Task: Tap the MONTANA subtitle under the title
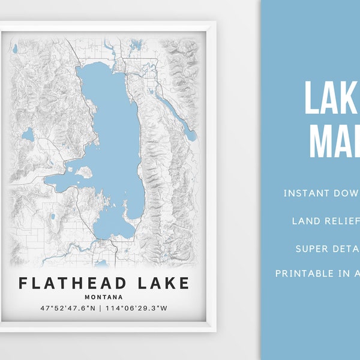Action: (104, 296)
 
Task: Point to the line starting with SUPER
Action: (328, 248)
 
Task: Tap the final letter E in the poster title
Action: (183, 283)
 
